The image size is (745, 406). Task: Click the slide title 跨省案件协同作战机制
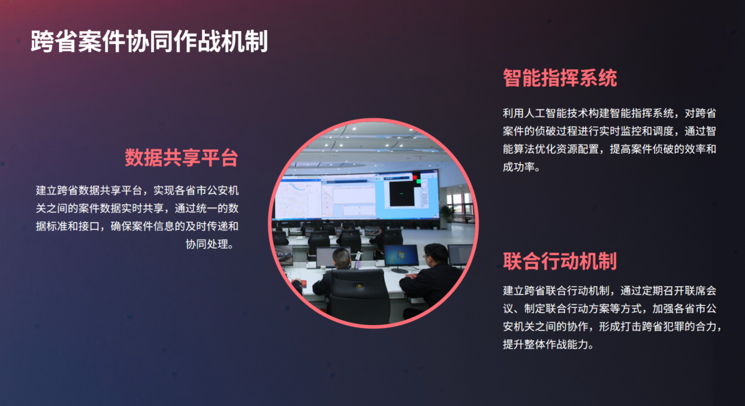149,41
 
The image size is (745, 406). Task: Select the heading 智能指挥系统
560,78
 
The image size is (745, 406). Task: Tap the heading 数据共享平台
182,157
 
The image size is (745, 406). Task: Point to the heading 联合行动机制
560,261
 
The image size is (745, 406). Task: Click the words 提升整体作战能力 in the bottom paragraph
545,344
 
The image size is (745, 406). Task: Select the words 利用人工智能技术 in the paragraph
545,113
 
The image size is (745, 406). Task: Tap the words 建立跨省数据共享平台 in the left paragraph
89,190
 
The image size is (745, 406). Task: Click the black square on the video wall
402,193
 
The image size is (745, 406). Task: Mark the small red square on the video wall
415,177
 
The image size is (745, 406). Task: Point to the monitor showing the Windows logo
401,256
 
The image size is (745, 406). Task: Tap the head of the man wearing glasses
436,256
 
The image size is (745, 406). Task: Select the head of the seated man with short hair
341,259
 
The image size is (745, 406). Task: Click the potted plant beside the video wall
447,216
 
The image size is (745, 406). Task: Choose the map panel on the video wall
297,199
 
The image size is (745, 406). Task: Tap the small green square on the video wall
419,181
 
